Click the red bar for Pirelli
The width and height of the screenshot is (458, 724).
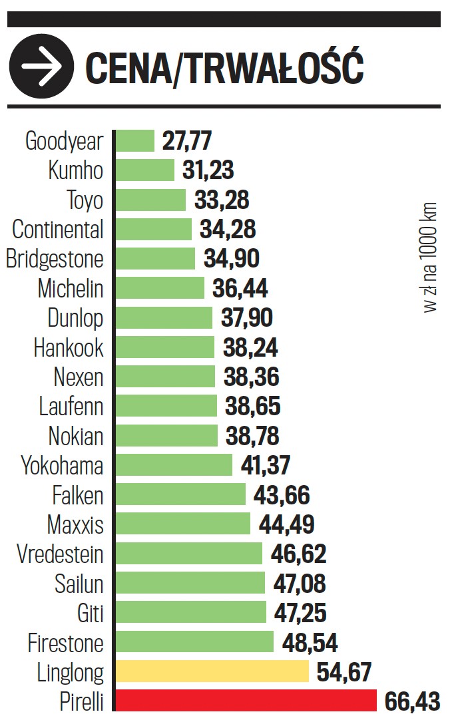[246, 701]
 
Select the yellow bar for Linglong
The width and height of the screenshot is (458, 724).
[212, 672]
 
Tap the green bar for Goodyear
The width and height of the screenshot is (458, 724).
[135, 141]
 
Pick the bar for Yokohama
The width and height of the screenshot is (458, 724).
[174, 465]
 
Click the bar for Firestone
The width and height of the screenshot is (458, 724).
[194, 642]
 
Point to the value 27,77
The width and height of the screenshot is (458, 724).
[187, 141]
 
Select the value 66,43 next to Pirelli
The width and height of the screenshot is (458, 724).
[413, 701]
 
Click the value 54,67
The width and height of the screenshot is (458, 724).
[343, 672]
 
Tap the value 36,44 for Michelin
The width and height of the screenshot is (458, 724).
[240, 289]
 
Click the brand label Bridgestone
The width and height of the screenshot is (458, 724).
[55, 259]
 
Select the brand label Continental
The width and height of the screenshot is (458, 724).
[59, 230]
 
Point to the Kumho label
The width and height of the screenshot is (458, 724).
[76, 171]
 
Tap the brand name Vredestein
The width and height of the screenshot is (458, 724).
[61, 554]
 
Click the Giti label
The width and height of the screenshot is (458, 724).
[91, 613]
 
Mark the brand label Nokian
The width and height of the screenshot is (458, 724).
[76, 437]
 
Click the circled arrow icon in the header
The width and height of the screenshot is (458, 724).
[41, 67]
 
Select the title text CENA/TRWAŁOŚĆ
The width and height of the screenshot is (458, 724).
[224, 67]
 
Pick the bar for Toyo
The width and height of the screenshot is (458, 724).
[150, 200]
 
